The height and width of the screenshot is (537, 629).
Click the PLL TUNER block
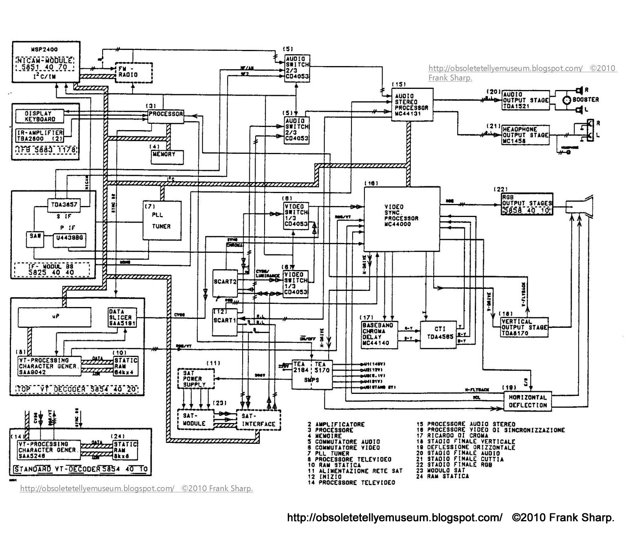(x=162, y=221)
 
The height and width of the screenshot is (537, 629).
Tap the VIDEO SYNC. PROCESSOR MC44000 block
(x=401, y=219)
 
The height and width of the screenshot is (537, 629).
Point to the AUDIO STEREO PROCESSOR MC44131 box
(x=412, y=105)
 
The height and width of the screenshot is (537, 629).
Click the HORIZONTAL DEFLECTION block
(x=528, y=401)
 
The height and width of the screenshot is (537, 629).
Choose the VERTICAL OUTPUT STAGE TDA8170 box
(x=524, y=327)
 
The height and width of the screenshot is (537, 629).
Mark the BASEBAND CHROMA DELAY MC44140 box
(x=379, y=335)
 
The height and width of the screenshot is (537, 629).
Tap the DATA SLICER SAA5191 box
(x=122, y=318)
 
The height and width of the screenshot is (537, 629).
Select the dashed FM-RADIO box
(x=133, y=72)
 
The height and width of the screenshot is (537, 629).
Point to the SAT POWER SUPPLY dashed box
(x=196, y=379)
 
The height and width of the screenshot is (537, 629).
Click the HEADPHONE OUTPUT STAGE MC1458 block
(x=525, y=135)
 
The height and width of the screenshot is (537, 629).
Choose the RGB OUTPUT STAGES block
(x=526, y=204)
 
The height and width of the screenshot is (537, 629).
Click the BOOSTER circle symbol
(x=566, y=100)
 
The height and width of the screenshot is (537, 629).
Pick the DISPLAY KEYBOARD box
(x=39, y=116)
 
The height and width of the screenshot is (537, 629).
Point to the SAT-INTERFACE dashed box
(x=258, y=420)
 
